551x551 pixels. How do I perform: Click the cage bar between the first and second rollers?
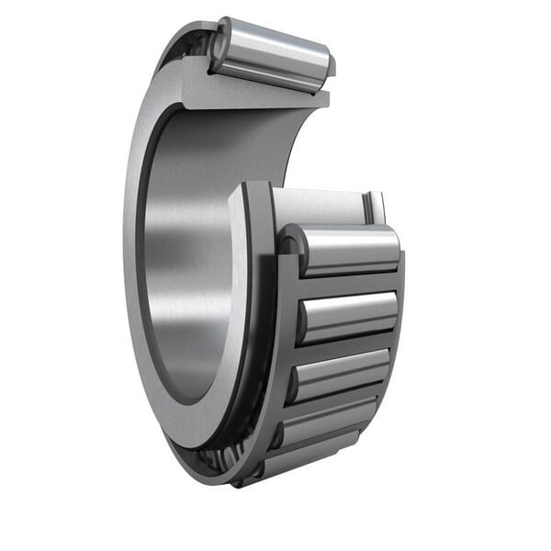[349, 281]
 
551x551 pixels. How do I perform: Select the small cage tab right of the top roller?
[332, 65]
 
